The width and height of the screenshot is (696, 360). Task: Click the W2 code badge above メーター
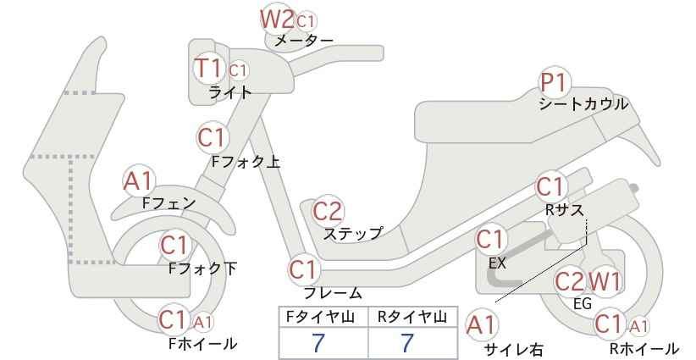coord(277,19)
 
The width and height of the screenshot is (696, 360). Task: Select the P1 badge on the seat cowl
coord(554,82)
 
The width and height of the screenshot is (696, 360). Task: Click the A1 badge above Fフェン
coord(139,181)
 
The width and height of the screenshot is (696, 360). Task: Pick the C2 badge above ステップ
coord(328,211)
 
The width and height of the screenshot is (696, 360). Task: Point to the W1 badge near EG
coord(604,281)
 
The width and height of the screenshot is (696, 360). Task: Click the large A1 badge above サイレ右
coord(481,325)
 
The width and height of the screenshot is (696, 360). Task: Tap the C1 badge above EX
coord(490,240)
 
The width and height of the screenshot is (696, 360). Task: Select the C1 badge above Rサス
coord(550,187)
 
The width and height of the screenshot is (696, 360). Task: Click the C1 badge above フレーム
coord(304,270)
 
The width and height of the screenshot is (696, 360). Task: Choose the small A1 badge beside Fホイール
coord(202,322)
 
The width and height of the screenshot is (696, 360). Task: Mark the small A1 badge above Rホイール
coord(638,327)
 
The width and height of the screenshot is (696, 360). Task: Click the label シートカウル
coord(583,104)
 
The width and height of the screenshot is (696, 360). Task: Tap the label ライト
coord(230,92)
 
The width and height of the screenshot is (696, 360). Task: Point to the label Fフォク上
coord(246,162)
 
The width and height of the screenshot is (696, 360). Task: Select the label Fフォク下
coord(203,269)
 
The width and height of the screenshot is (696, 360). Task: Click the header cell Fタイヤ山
coord(323,317)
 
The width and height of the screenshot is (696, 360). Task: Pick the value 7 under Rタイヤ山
coord(407,343)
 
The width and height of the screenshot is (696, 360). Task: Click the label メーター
coord(304,41)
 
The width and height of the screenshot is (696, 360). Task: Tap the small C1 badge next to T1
coord(238,70)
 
